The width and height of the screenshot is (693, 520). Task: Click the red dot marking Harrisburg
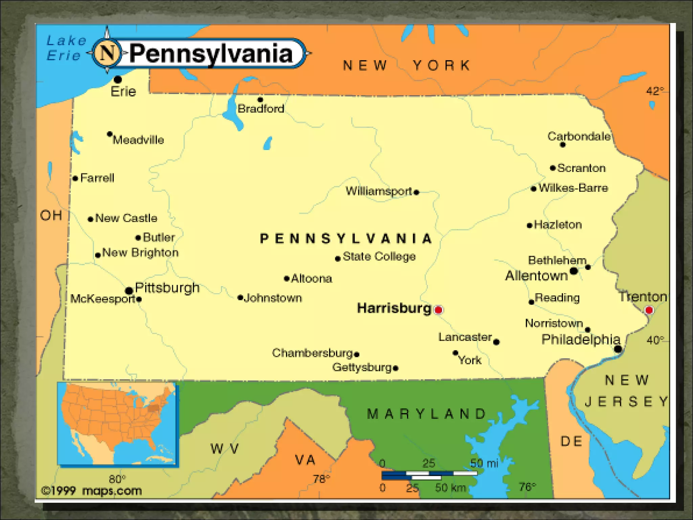439,309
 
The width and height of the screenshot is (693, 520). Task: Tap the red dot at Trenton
649,310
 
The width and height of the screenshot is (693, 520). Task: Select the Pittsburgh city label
167,288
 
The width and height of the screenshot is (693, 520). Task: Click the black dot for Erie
118,80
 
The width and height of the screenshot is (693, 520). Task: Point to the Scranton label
581,168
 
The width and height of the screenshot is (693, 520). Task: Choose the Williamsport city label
379,191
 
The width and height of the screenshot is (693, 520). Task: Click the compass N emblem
107,53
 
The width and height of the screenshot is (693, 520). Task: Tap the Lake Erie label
66,48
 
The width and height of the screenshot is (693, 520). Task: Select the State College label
379,256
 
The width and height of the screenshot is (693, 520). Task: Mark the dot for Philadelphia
618,349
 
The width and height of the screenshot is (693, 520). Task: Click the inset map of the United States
117,424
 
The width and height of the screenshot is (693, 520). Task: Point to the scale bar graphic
429,475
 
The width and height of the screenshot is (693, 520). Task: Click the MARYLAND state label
426,414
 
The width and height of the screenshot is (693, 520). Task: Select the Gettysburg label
362,367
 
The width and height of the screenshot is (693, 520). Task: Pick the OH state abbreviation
51,215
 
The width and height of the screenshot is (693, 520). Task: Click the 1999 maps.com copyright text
91,491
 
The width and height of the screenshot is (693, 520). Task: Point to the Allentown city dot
574,271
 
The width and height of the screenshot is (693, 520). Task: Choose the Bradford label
261,109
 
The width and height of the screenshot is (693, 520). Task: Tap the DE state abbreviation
572,441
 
